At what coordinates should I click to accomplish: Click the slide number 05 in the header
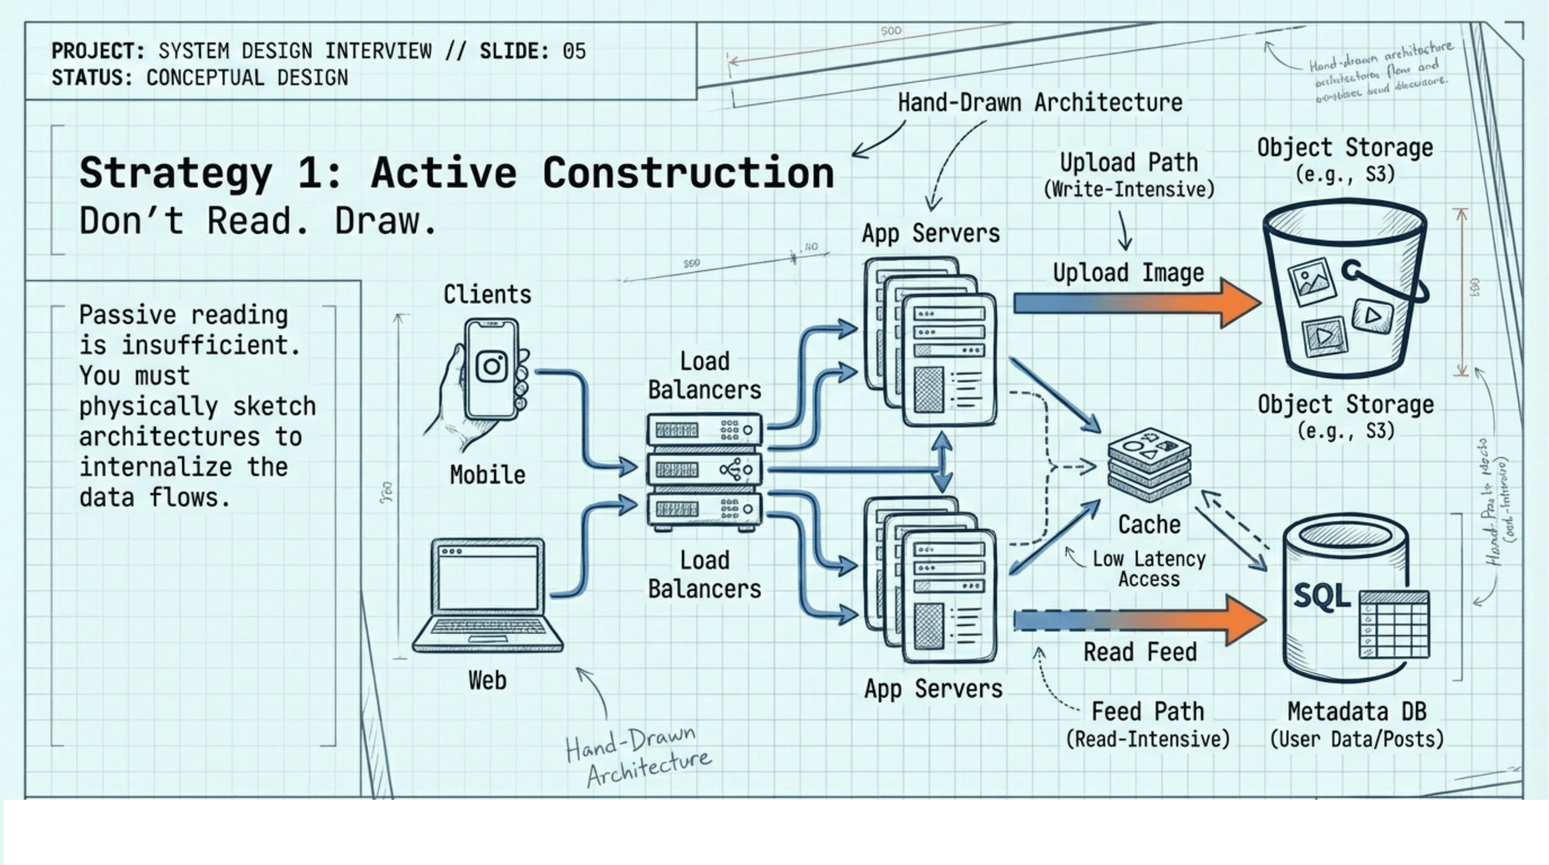(x=574, y=51)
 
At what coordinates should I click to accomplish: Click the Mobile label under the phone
(x=487, y=475)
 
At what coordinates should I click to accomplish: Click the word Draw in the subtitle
(x=385, y=221)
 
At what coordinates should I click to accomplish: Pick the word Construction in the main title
(x=688, y=173)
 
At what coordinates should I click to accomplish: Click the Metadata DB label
(x=1357, y=712)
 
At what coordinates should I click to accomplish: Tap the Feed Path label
(x=1147, y=712)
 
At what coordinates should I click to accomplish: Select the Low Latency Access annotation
(x=1149, y=568)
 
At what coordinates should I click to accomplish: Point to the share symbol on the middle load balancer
(x=735, y=470)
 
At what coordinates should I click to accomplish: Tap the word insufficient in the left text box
(x=210, y=346)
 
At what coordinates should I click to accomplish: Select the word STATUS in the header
(x=90, y=77)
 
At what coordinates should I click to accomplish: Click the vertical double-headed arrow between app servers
(x=942, y=462)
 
